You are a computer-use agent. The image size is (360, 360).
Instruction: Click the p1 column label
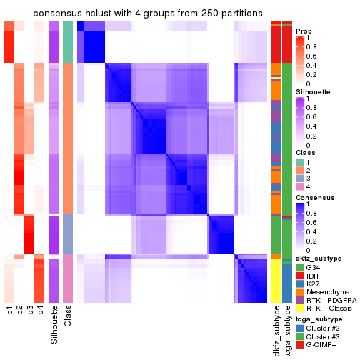point(11,311)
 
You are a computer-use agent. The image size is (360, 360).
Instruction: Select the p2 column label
point(21,311)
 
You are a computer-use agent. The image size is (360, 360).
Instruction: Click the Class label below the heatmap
point(68,317)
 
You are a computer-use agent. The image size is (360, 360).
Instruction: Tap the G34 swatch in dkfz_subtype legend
point(300,267)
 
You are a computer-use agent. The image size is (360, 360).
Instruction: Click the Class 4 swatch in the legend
point(300,186)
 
